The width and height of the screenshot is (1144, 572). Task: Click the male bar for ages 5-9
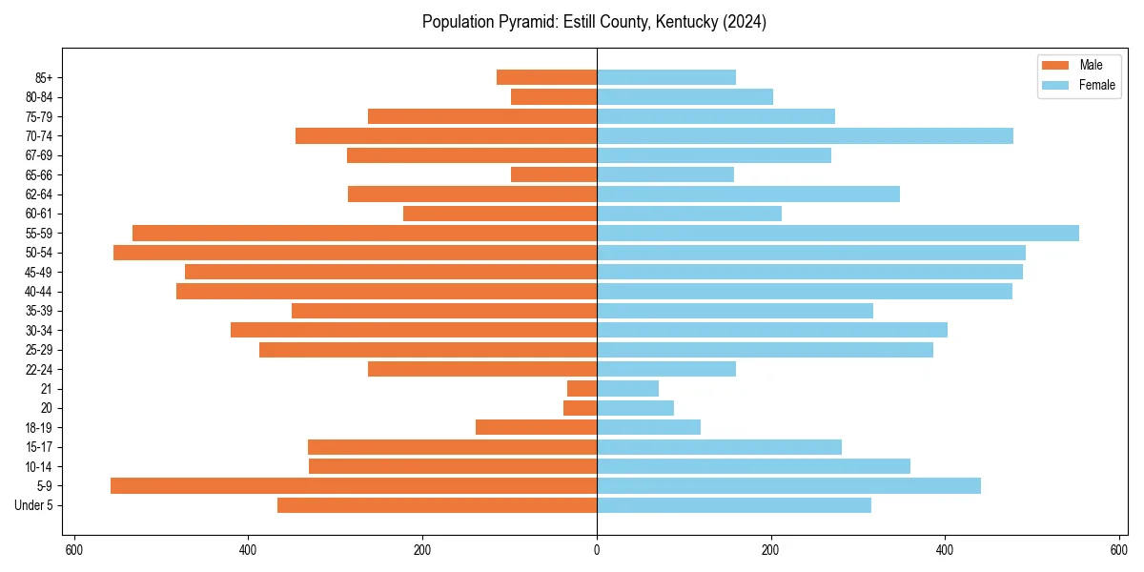(x=354, y=486)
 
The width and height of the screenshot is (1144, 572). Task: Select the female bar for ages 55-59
(x=838, y=233)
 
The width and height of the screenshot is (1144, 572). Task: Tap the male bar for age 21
(x=582, y=389)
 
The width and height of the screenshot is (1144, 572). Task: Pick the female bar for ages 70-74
(x=805, y=135)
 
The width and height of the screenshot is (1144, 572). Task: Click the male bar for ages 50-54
(x=355, y=253)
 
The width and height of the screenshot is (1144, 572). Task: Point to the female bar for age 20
(x=636, y=408)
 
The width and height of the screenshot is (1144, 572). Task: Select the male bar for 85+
(x=547, y=77)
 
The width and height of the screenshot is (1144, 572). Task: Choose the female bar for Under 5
(x=734, y=505)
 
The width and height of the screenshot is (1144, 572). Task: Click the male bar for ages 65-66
(x=554, y=174)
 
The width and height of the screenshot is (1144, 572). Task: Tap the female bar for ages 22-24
(x=666, y=369)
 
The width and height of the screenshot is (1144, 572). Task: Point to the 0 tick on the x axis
(x=597, y=550)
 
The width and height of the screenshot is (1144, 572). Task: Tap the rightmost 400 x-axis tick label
(x=945, y=550)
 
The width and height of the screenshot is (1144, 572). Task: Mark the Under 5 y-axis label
(x=33, y=505)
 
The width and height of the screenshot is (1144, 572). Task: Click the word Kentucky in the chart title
(x=683, y=22)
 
